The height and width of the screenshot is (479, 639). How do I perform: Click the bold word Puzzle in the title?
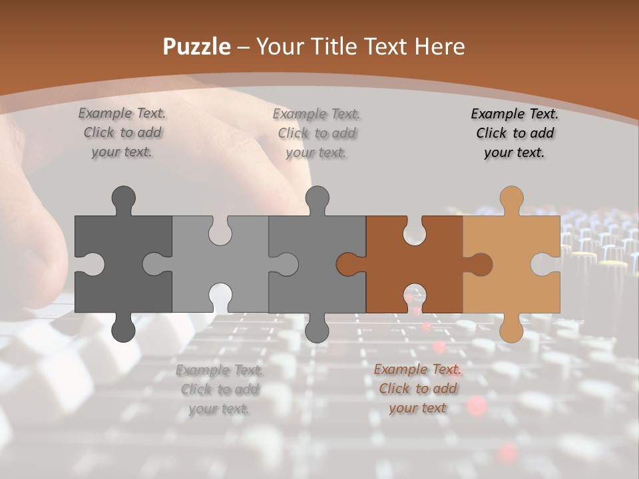[x=197, y=47]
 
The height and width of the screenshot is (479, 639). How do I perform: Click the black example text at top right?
[x=515, y=133]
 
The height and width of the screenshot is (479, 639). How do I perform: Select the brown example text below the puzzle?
[x=417, y=389]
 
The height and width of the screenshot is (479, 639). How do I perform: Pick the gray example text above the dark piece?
[x=122, y=133]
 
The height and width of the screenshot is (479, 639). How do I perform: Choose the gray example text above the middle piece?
[x=317, y=133]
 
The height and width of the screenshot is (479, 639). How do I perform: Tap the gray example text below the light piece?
[x=220, y=389]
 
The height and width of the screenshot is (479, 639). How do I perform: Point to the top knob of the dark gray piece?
[x=123, y=198]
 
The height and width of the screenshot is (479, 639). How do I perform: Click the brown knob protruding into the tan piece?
[x=479, y=264]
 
